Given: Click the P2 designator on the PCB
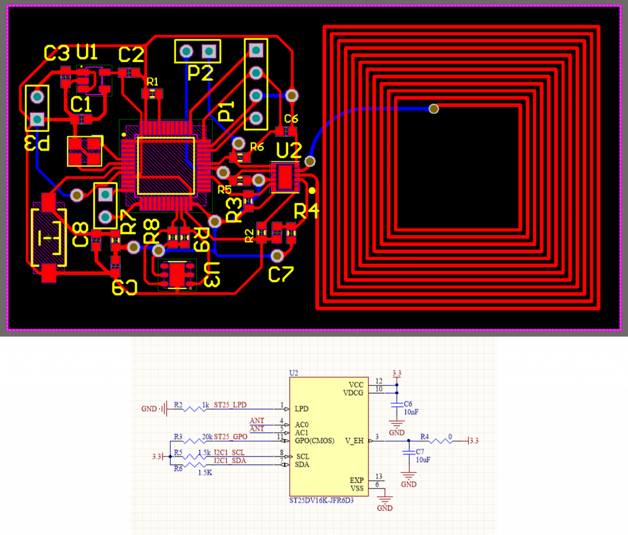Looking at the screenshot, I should click(x=200, y=73).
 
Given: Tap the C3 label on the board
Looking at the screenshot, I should click(x=57, y=53).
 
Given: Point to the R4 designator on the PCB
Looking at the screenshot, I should click(x=307, y=212).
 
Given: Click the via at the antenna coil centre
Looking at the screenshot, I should click(x=434, y=109).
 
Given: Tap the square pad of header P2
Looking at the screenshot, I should click(x=209, y=50).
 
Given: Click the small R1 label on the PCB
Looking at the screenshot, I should click(x=153, y=82).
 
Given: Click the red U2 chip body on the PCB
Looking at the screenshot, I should click(x=285, y=177).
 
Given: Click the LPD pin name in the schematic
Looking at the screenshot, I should click(x=301, y=408).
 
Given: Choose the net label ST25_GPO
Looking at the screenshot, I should click(x=231, y=436).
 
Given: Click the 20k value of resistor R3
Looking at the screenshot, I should click(x=207, y=436).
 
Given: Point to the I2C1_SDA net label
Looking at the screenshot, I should click(x=230, y=460).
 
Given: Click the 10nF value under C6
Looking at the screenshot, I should click(x=411, y=412).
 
